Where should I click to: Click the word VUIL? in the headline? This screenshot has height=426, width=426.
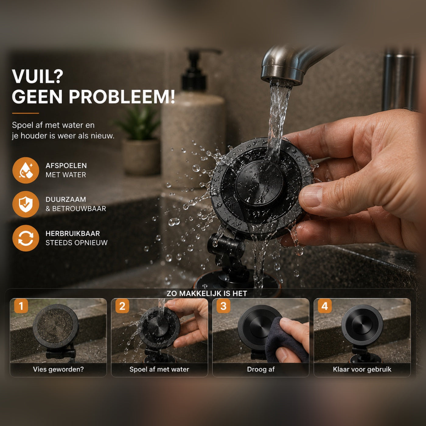click(x=38, y=76)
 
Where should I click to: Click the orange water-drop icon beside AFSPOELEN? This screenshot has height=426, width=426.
click(x=26, y=170)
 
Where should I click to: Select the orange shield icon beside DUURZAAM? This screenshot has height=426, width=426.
click(x=26, y=204)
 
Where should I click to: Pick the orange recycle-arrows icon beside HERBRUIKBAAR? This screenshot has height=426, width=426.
click(x=26, y=238)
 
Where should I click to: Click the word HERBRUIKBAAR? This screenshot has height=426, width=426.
click(x=73, y=233)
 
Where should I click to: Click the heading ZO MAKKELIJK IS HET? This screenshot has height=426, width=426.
click(x=207, y=293)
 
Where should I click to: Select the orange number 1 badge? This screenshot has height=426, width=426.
click(x=21, y=306)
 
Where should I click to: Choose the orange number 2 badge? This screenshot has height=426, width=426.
click(x=122, y=306)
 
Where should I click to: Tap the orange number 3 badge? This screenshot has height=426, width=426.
click(x=224, y=306)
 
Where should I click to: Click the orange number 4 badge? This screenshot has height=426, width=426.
click(x=325, y=306)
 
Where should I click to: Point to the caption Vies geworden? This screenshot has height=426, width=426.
click(x=58, y=369)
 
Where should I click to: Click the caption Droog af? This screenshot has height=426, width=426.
click(x=261, y=369)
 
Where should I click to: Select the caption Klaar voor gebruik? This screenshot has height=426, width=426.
click(x=362, y=369)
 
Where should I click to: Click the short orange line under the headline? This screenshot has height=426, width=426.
click(x=26, y=113)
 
